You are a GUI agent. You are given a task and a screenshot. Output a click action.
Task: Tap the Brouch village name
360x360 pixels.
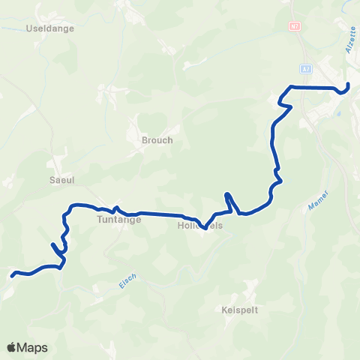tap(157, 140)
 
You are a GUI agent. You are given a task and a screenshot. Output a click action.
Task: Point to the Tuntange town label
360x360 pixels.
tap(115, 220)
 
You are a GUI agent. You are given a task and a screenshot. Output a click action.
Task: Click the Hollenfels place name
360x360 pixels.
tap(200, 225)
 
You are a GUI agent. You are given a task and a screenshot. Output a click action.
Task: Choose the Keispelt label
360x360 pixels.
tap(240, 309)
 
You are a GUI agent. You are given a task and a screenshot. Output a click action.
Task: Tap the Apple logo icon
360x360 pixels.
tap(12, 347)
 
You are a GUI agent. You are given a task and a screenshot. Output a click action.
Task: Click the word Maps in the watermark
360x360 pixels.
tap(33, 347)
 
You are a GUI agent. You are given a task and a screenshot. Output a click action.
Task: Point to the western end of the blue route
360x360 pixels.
tap(12, 276)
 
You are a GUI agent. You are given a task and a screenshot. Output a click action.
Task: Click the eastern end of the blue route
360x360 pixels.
tap(348, 83)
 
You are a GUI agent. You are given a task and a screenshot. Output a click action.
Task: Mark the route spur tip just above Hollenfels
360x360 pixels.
tap(226, 195)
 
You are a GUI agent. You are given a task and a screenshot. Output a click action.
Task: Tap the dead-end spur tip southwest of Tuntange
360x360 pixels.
tap(52, 244)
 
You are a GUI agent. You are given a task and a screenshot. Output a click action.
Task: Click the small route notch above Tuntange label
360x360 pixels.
tap(115, 206)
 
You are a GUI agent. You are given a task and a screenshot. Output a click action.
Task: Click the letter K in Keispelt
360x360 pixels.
tap(225, 309)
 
